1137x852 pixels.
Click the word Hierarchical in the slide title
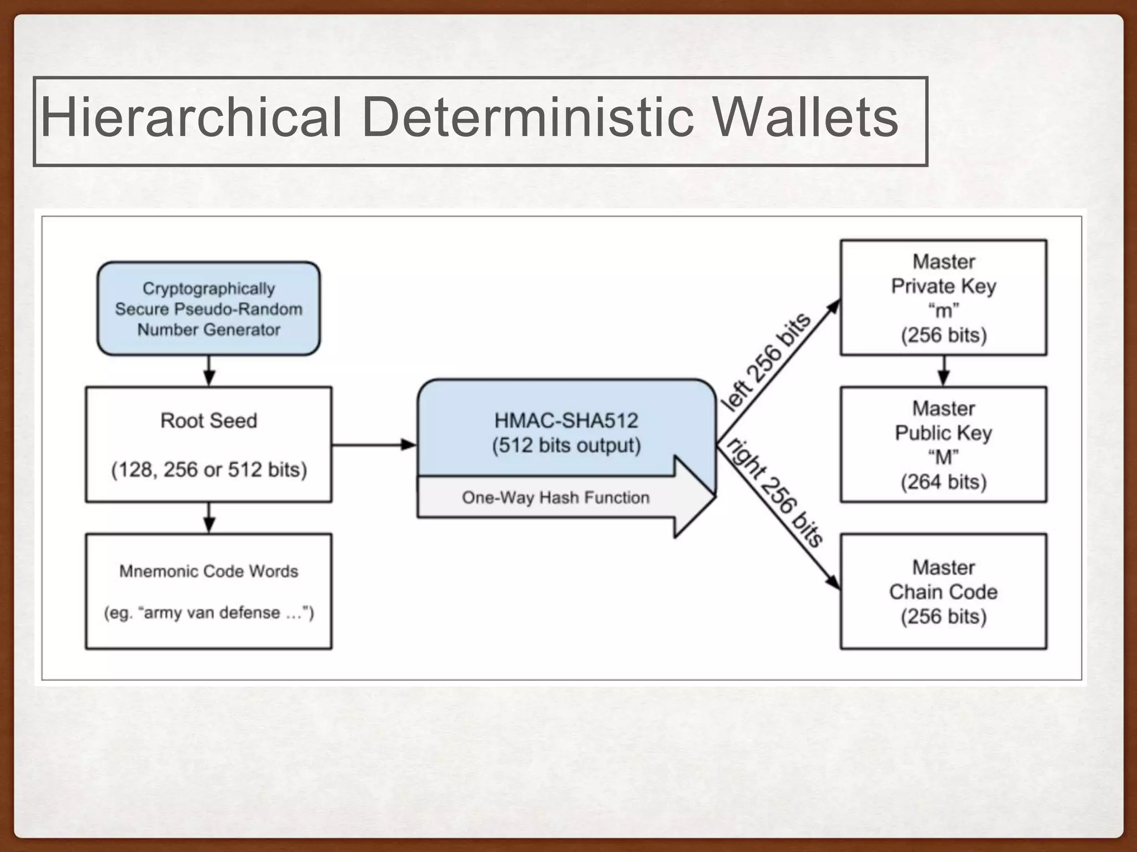(191, 118)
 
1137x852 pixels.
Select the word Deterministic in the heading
(527, 118)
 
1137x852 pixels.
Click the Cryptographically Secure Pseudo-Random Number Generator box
(209, 309)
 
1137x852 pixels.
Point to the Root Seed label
(209, 420)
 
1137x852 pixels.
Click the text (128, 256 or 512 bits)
(209, 470)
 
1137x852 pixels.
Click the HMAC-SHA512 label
(566, 420)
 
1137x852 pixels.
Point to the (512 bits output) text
(566, 445)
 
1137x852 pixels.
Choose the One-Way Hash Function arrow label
(555, 498)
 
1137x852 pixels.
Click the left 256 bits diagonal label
(766, 363)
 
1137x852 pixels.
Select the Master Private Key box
(943, 298)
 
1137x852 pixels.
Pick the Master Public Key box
(943, 445)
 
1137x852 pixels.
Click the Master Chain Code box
(943, 591)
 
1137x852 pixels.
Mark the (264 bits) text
(943, 482)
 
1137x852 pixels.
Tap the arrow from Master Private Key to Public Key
(943, 371)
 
